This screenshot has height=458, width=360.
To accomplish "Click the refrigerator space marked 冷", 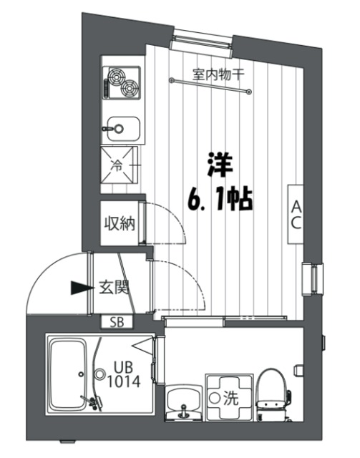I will (x=117, y=166).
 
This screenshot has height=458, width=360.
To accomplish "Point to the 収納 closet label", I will (x=118, y=223).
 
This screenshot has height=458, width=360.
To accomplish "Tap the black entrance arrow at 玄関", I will (x=79, y=288).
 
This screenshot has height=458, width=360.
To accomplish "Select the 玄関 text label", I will (x=112, y=288).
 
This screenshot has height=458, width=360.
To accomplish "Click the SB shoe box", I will (x=117, y=322).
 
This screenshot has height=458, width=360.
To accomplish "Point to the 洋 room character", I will (x=218, y=166).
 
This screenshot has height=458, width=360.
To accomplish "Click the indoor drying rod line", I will (x=212, y=84).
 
